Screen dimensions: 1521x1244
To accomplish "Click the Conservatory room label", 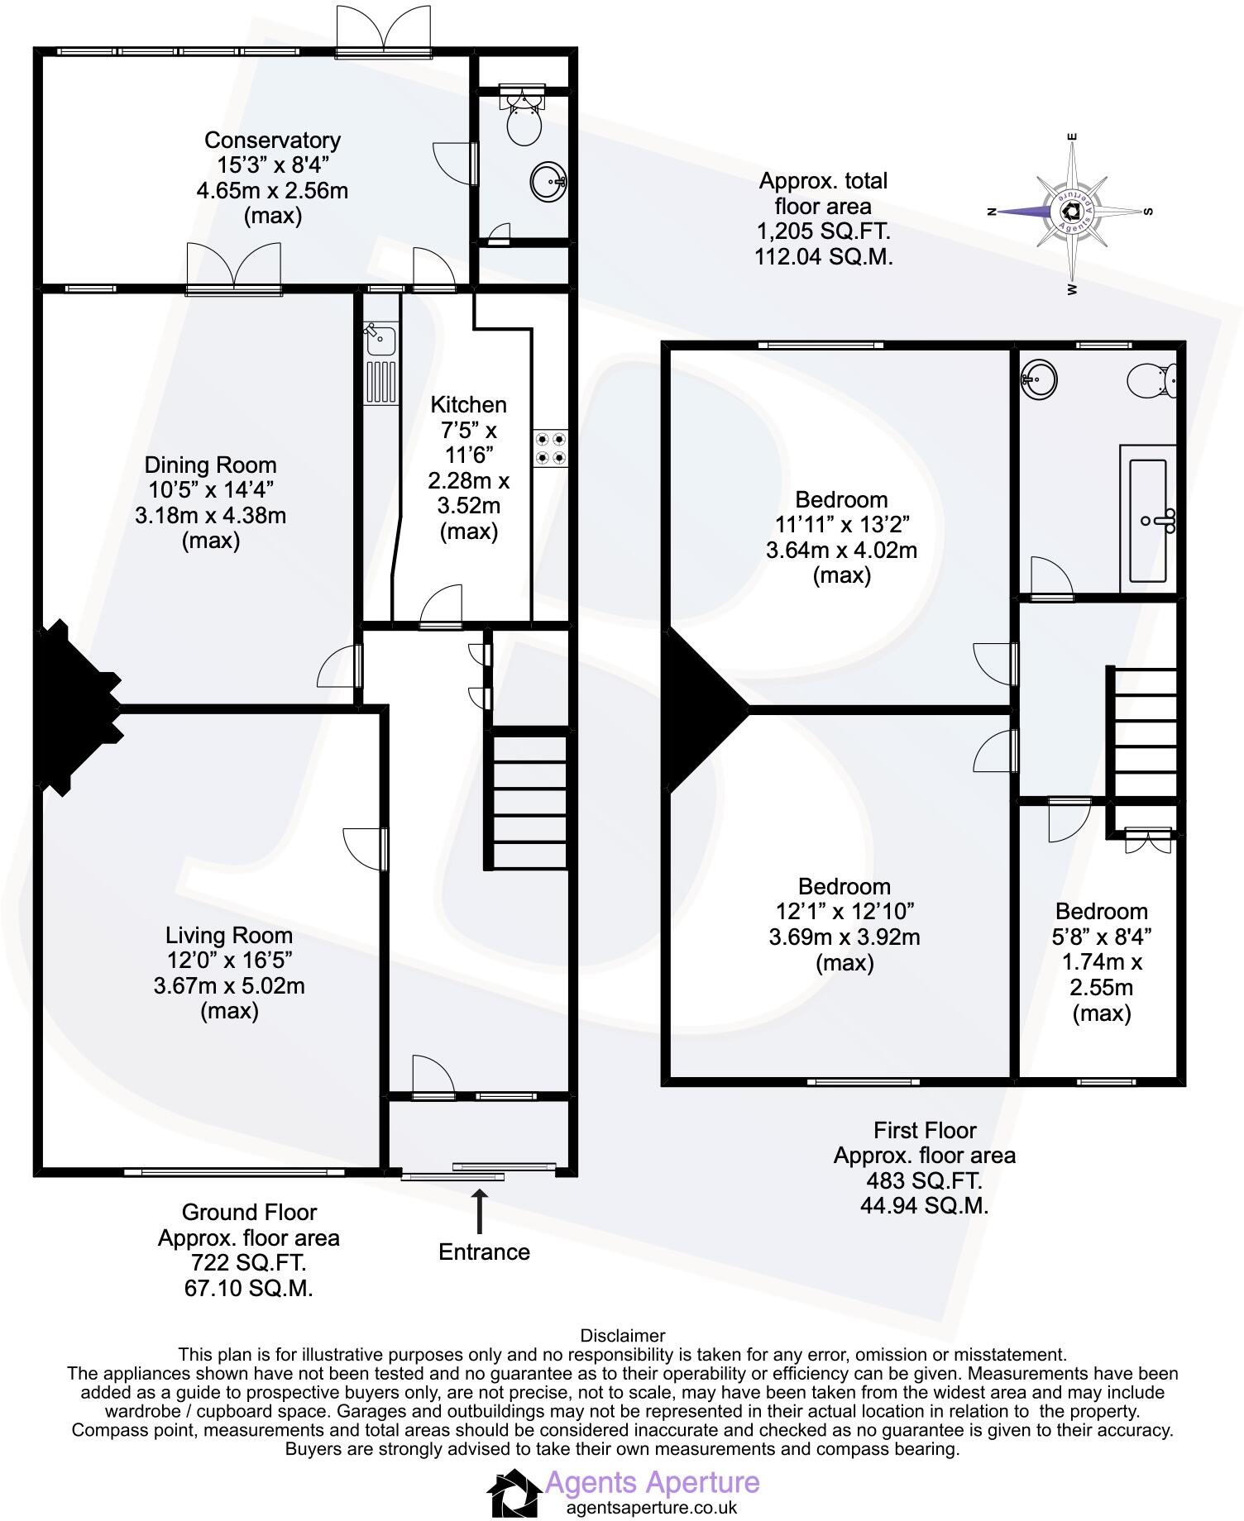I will click(272, 141).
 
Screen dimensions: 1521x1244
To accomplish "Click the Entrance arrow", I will click(479, 1210).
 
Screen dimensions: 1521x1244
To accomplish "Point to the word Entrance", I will click(484, 1252).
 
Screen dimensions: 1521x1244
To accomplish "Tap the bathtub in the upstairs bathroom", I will click(1148, 517).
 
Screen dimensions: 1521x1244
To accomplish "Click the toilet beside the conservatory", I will click(524, 120).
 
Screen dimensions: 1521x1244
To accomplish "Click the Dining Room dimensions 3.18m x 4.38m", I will click(210, 516).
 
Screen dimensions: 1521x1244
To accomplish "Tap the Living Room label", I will click(229, 935).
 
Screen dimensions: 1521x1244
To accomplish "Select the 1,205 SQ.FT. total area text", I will click(823, 231).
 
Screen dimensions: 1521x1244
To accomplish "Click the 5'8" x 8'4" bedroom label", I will click(1102, 937).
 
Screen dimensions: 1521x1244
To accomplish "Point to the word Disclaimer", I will click(622, 1335).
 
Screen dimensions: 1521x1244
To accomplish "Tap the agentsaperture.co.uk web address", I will click(651, 1507).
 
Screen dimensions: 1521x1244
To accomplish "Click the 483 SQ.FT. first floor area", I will click(924, 1180).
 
